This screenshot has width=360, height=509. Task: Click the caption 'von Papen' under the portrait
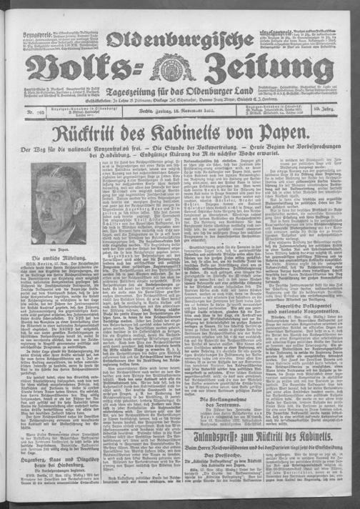pyautogui.click(x=51, y=244)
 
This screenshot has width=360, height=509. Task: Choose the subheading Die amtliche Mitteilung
pyautogui.click(x=51, y=257)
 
